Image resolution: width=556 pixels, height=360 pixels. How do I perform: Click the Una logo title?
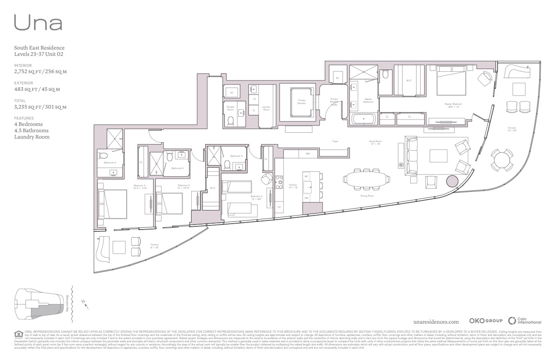(38, 22)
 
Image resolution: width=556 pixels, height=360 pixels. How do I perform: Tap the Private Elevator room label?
(302, 102)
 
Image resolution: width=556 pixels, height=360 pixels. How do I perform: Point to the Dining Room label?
(367, 196)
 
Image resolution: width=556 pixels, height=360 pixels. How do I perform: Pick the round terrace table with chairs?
(502, 160)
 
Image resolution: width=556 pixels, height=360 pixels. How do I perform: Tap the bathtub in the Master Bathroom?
(364, 120)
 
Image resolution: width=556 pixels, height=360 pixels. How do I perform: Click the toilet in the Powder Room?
(230, 121)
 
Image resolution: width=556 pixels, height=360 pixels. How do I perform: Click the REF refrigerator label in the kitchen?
(308, 154)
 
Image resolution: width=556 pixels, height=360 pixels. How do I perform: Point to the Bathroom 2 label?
(110, 162)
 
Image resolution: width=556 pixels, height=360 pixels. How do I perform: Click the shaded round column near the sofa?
(452, 182)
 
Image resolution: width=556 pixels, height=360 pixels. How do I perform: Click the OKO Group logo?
(485, 321)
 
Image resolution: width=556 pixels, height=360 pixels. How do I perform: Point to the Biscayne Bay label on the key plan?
(68, 302)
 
